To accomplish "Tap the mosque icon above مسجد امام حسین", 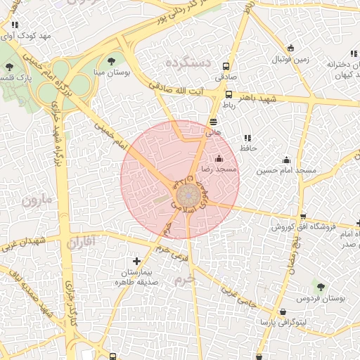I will (x=285, y=160).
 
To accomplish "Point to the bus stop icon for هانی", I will (x=213, y=121).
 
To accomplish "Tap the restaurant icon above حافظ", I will (x=247, y=138).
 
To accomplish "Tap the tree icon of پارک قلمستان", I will (x=9, y=67).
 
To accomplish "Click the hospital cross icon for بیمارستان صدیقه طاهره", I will (x=136, y=262).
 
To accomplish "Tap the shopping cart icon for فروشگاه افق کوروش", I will (x=302, y=217).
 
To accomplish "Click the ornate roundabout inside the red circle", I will (x=188, y=196).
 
